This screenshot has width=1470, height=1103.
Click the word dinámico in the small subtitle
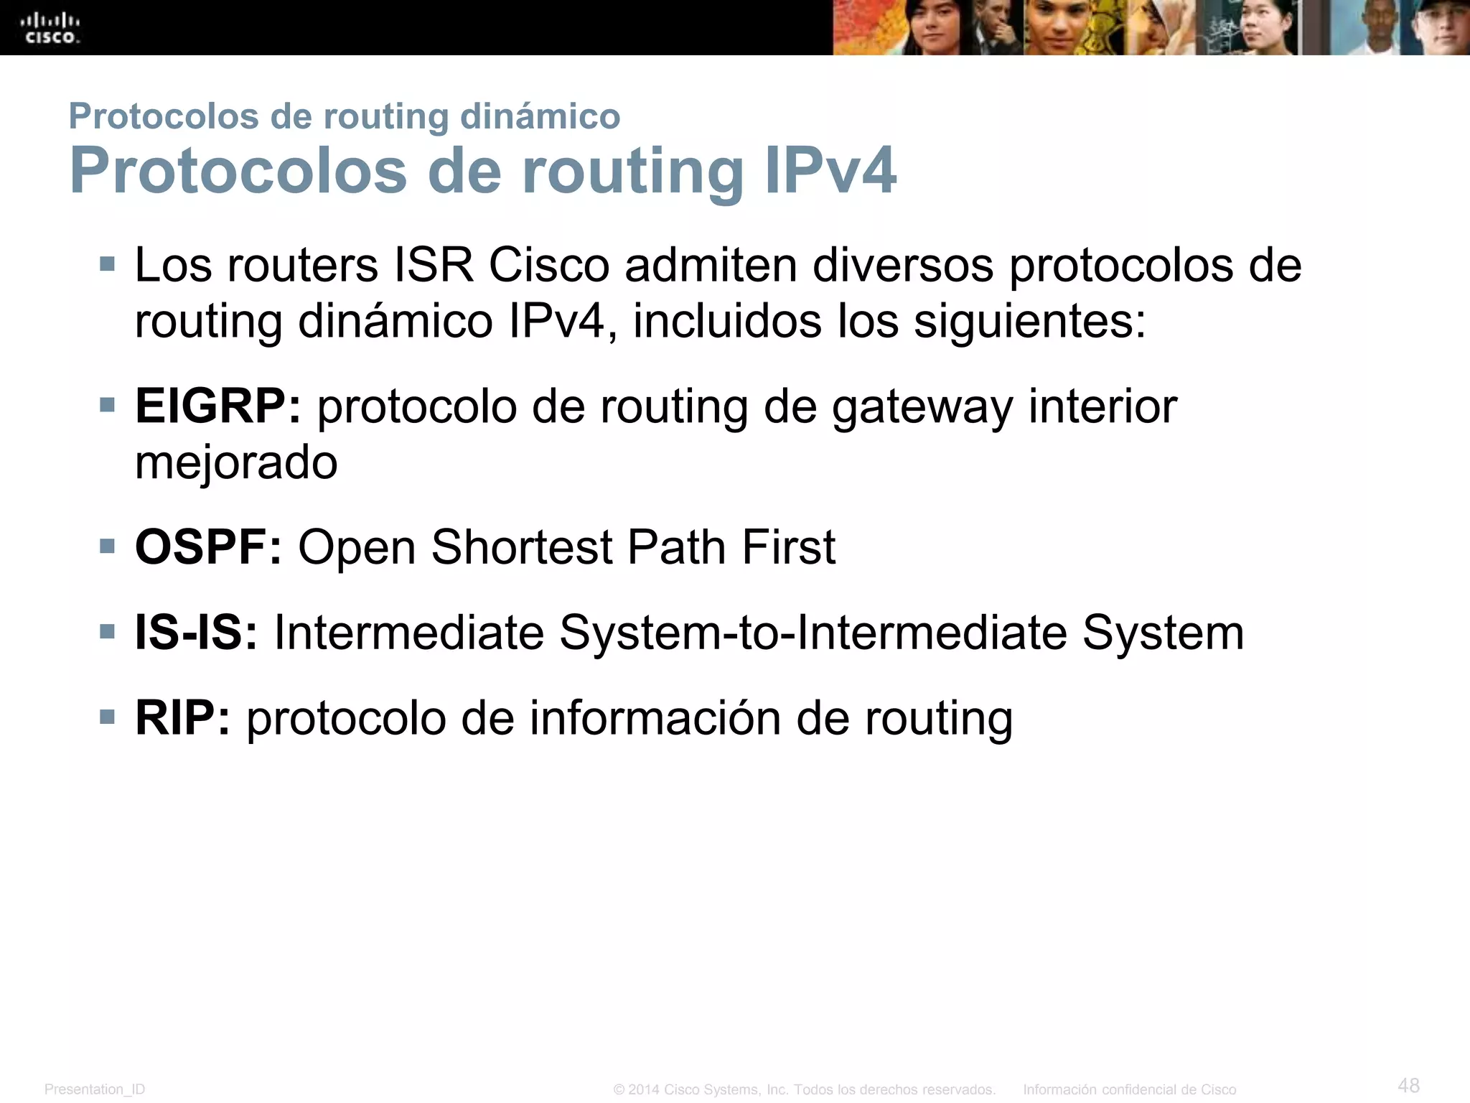(x=540, y=116)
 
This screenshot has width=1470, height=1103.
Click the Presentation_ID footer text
(x=95, y=1089)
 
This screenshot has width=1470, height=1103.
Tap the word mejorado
(x=236, y=462)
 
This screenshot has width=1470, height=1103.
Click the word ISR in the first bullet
(x=434, y=265)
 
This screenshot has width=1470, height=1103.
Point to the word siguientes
(x=1029, y=321)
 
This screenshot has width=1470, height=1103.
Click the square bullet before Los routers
(x=108, y=264)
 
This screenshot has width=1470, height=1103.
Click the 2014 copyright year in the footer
(x=644, y=1089)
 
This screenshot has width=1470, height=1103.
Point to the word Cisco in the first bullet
(x=549, y=265)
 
